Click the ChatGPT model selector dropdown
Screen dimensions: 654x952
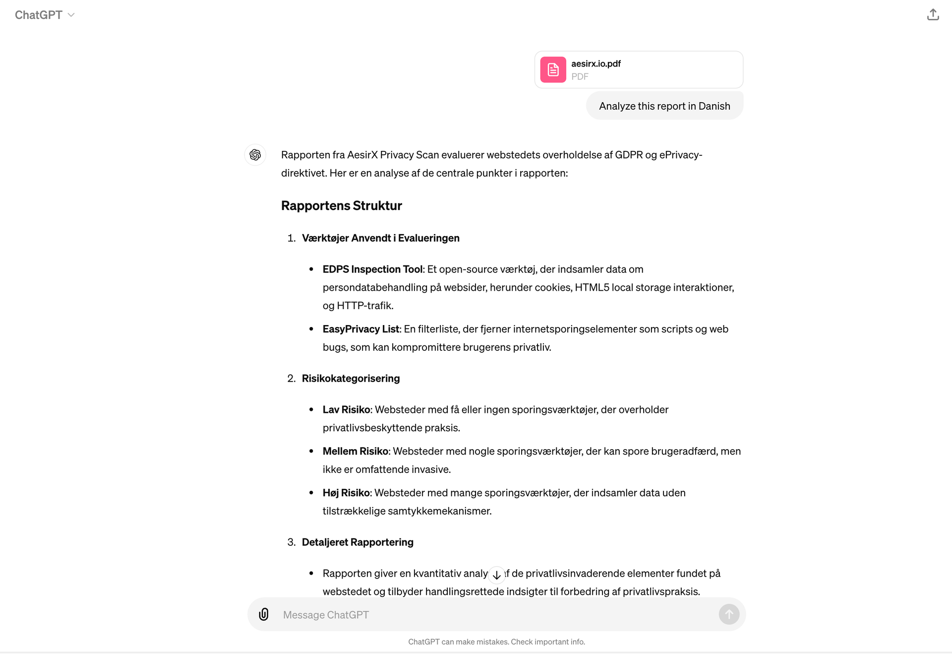45,15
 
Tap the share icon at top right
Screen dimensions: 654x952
933,15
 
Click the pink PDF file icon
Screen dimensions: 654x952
553,69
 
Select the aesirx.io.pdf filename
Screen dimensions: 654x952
595,64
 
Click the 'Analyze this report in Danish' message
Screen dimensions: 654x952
664,106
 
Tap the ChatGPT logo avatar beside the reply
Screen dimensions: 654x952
255,155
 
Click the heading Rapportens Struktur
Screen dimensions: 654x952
341,205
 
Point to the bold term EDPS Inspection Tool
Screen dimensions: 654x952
372,269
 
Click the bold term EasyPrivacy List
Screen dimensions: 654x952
360,329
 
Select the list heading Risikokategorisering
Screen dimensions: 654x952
351,378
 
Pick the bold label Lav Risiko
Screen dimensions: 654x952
346,409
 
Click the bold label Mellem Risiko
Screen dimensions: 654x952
355,451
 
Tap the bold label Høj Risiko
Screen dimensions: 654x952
346,493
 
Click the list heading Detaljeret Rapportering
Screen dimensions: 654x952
357,542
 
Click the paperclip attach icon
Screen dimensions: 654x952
264,614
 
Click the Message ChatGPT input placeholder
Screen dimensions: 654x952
326,615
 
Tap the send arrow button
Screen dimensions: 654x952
729,614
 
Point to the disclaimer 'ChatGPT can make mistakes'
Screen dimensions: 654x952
496,642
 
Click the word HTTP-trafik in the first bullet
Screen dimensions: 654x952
364,306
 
